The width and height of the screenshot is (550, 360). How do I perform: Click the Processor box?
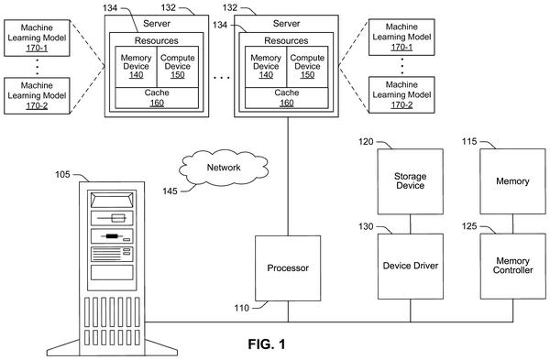[x=288, y=268]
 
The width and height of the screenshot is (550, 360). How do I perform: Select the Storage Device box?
[x=410, y=181]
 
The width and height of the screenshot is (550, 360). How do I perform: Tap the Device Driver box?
[x=410, y=267]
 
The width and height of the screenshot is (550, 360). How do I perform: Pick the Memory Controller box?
[x=512, y=267]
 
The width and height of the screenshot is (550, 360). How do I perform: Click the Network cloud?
[x=224, y=168]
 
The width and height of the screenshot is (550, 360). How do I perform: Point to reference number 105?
[x=62, y=174]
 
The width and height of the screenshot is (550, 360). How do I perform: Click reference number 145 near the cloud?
[x=170, y=191]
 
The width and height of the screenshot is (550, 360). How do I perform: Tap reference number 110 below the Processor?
[x=242, y=308]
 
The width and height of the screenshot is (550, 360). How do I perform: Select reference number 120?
[x=366, y=142]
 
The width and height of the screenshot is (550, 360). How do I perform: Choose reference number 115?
[x=469, y=141]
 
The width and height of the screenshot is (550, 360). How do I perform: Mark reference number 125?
[x=469, y=226]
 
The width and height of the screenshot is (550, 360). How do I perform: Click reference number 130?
[x=366, y=226]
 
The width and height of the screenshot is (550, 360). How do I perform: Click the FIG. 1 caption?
[x=267, y=344]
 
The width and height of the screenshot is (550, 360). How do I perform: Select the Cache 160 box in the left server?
[x=157, y=98]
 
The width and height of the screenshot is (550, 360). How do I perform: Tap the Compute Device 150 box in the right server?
[x=307, y=67]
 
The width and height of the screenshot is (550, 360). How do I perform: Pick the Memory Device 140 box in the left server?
[x=136, y=67]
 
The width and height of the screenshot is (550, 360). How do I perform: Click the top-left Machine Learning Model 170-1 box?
[x=37, y=38]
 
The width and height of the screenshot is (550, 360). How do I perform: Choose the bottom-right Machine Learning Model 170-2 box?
[x=401, y=95]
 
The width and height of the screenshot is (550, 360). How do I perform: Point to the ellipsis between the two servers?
[x=222, y=78]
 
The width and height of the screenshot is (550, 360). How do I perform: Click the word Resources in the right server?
[x=286, y=40]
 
